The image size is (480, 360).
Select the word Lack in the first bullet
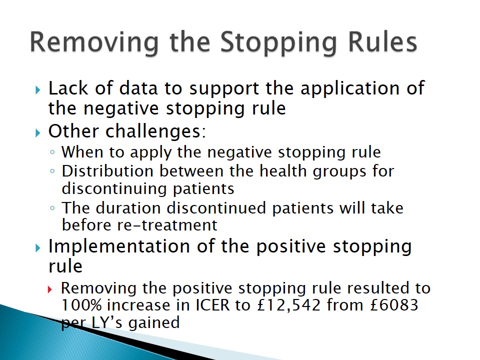68,88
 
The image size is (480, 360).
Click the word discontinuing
114,189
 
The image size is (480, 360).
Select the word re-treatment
167,225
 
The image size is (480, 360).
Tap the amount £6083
394,305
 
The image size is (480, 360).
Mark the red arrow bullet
50,289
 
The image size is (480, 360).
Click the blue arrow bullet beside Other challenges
38,133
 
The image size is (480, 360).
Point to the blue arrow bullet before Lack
38,90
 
